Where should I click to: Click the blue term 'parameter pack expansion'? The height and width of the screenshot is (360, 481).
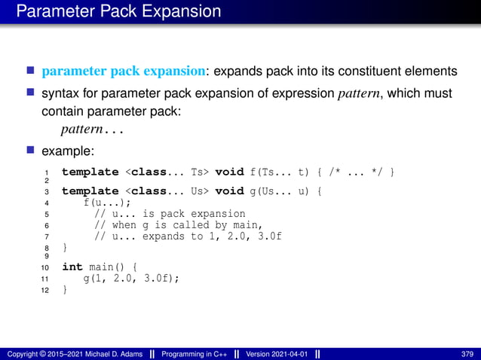124,72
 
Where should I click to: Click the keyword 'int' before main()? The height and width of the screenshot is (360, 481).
72,267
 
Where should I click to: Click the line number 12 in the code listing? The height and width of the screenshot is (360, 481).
45,290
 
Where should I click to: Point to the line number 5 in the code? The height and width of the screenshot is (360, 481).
47,214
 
